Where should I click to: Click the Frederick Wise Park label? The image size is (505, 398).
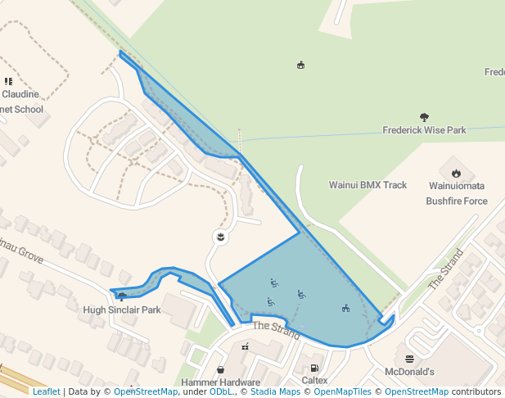[x=424, y=130]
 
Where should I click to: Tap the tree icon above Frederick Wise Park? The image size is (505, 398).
[x=424, y=117]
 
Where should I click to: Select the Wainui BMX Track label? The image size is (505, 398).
[x=367, y=185]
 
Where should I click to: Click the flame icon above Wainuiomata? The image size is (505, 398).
[x=456, y=173]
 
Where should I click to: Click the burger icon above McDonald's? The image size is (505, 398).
[x=409, y=359]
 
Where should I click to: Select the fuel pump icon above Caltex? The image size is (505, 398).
[x=315, y=368]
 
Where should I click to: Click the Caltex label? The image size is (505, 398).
[x=315, y=381]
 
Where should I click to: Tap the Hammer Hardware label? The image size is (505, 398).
[x=221, y=382]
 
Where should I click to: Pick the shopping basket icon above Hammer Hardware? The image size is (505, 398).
[x=221, y=369]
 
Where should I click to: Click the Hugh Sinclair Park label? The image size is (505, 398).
[x=122, y=310]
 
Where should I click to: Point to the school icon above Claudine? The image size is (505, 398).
[x=8, y=81]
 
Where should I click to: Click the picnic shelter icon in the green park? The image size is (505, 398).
[x=301, y=65]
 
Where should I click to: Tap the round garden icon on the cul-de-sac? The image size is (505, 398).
[x=219, y=237]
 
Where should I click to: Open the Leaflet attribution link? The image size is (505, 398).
[x=46, y=391]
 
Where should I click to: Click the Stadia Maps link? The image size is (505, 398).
[x=274, y=391]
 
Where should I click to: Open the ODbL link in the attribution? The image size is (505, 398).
[x=221, y=391]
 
